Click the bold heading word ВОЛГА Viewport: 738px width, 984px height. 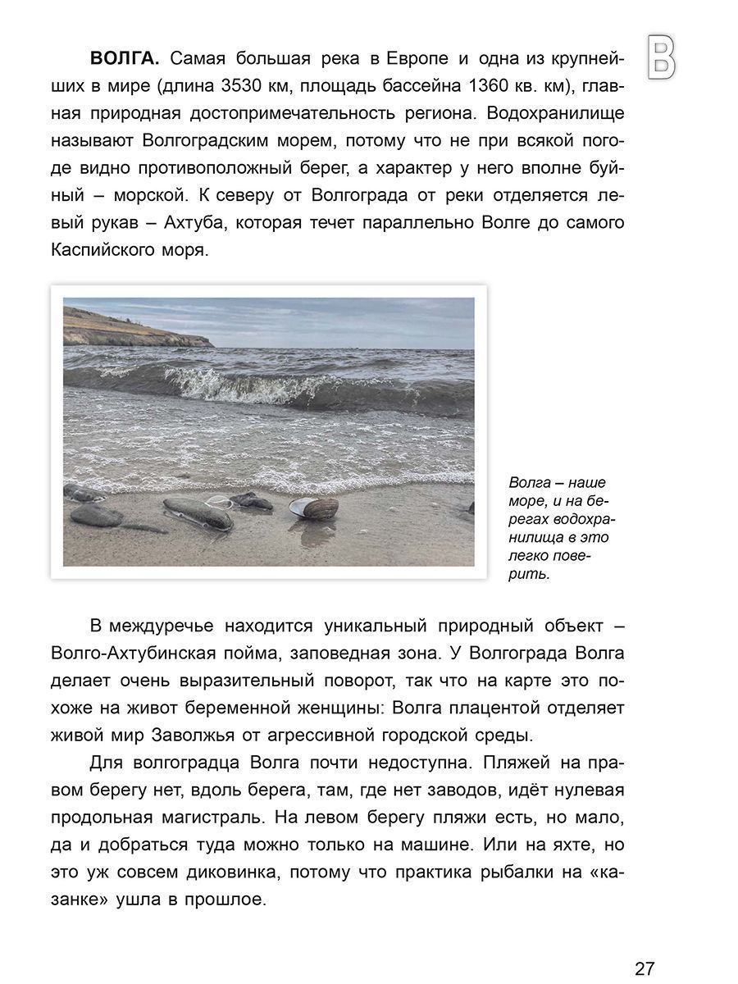126,59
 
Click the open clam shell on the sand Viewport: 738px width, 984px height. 315,508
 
